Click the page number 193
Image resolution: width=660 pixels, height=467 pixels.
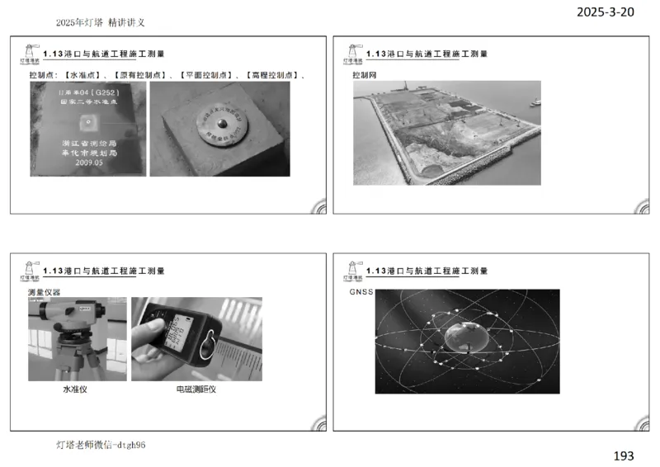click(x=625, y=455)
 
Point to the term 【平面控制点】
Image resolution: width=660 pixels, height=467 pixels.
click(x=206, y=75)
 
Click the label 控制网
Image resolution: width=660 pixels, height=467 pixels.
click(x=364, y=75)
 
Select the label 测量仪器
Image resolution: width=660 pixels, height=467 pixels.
click(x=45, y=292)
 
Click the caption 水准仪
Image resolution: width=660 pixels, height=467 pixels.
click(x=75, y=389)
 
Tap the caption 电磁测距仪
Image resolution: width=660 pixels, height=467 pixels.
click(x=196, y=389)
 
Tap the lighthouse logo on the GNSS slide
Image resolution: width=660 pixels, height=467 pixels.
click(x=352, y=269)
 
